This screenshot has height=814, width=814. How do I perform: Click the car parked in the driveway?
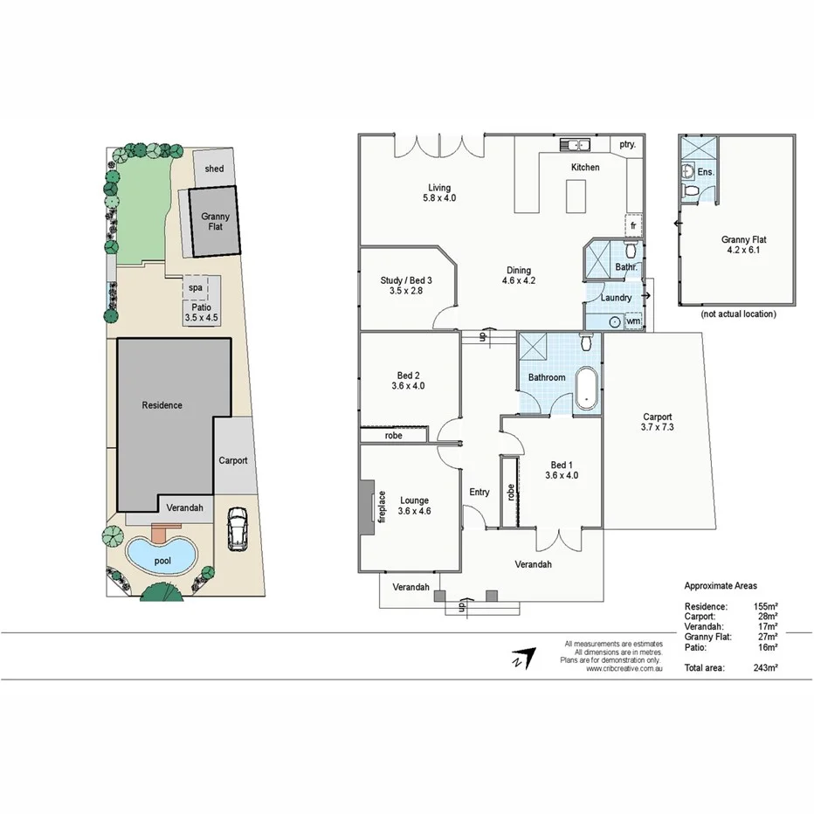click(236, 528)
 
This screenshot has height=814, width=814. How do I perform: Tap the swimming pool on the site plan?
click(160, 556)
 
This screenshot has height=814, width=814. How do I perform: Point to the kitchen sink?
click(576, 145)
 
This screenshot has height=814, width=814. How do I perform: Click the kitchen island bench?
click(575, 195)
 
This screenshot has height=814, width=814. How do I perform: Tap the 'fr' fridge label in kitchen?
click(633, 225)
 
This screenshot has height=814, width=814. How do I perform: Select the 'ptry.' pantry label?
click(627, 145)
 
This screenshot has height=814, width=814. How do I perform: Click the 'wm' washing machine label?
click(632, 321)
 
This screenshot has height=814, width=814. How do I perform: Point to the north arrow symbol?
click(521, 658)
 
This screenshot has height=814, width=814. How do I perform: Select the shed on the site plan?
click(214, 169)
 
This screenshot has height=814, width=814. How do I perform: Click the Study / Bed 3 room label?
click(406, 286)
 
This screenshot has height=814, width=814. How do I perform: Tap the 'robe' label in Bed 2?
click(393, 434)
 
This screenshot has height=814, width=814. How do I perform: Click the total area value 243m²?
click(765, 667)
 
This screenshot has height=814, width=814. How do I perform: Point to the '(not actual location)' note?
click(737, 314)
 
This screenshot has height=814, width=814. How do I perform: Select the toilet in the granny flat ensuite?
click(690, 190)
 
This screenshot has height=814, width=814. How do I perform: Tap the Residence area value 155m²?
click(765, 605)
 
